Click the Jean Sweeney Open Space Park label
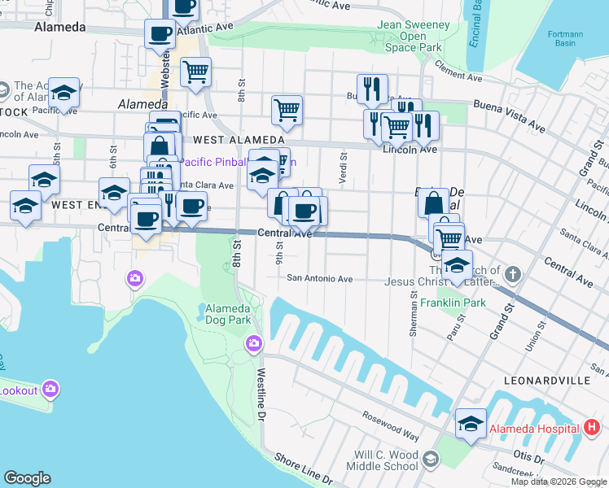tap(414, 36)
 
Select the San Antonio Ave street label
tap(319, 278)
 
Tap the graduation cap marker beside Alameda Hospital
tap(471, 424)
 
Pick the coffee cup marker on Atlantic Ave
tap(160, 35)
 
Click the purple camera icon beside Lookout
tap(50, 390)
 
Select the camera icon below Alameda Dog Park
tap(254, 344)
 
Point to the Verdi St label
tap(343, 169)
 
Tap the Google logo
tap(27, 478)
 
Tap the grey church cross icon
tap(512, 271)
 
